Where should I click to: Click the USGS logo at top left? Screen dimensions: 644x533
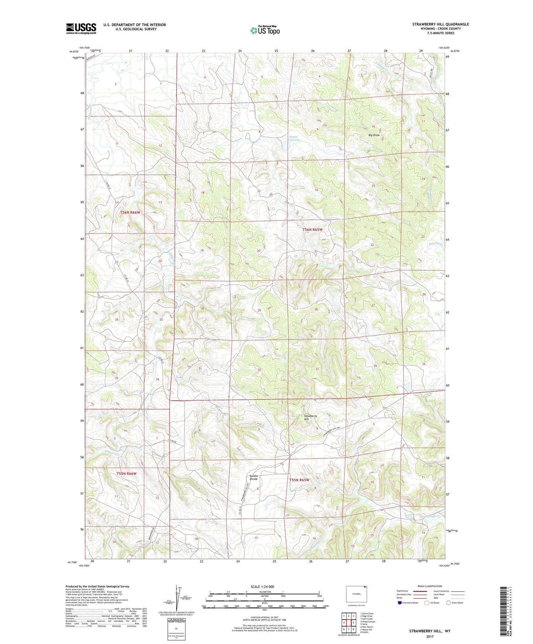(x=81, y=28)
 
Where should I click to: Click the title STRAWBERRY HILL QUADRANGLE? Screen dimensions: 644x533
(x=440, y=24)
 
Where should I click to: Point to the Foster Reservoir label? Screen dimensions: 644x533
(x=293, y=138)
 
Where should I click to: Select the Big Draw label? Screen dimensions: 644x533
(x=374, y=135)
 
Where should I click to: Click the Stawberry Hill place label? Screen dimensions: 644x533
(x=310, y=418)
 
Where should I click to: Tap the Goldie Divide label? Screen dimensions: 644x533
(x=254, y=477)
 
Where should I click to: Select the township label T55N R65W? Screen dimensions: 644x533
(x=299, y=480)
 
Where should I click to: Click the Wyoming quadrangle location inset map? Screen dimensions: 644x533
(x=356, y=594)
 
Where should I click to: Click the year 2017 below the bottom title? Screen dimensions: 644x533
(x=429, y=636)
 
